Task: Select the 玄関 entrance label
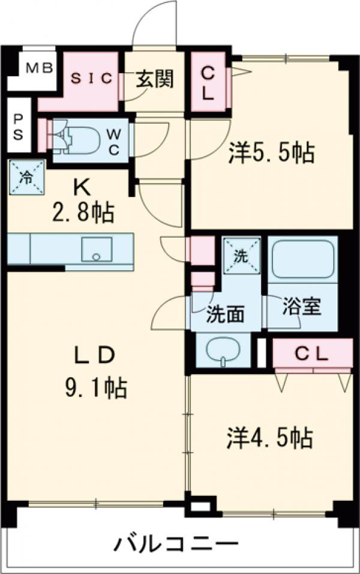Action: pos(154,79)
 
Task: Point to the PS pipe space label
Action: pos(18,126)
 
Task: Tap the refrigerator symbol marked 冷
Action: pos(26,177)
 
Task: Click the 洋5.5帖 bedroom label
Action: pos(271,154)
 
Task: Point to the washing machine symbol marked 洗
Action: pos(242,256)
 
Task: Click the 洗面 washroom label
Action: pos(226,313)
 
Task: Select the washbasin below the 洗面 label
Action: pos(222,351)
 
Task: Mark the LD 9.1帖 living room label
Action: pos(96,372)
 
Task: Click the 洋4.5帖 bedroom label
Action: pos(270,437)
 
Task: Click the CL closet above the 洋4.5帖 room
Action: pos(312,354)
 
